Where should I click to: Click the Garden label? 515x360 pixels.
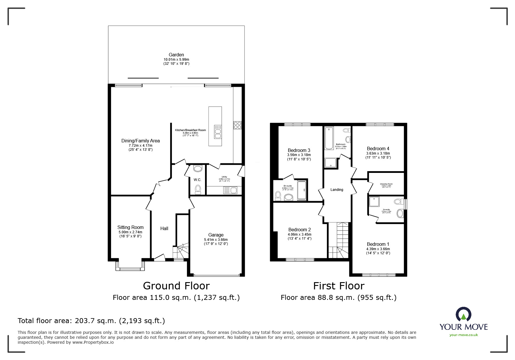(x=176, y=55)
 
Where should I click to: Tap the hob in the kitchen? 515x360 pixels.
(x=237, y=125)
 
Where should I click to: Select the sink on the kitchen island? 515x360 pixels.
(x=218, y=132)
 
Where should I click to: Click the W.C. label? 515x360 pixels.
(x=197, y=180)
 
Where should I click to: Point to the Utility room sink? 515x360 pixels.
(x=230, y=191)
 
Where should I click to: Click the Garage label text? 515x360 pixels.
(x=216, y=235)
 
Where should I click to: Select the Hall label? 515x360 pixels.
(x=164, y=229)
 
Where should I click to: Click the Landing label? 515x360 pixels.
(x=337, y=190)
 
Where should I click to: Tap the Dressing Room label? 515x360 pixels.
(x=386, y=184)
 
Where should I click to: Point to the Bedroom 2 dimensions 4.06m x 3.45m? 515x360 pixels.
(x=300, y=234)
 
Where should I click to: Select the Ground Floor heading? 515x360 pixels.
(x=176, y=286)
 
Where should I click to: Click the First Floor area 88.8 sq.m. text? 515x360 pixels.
(x=338, y=298)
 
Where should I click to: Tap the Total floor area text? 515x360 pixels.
(x=91, y=321)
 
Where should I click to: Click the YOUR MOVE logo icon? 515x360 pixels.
(x=463, y=315)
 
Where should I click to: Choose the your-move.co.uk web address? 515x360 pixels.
(x=464, y=335)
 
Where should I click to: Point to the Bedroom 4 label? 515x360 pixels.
(x=378, y=148)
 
